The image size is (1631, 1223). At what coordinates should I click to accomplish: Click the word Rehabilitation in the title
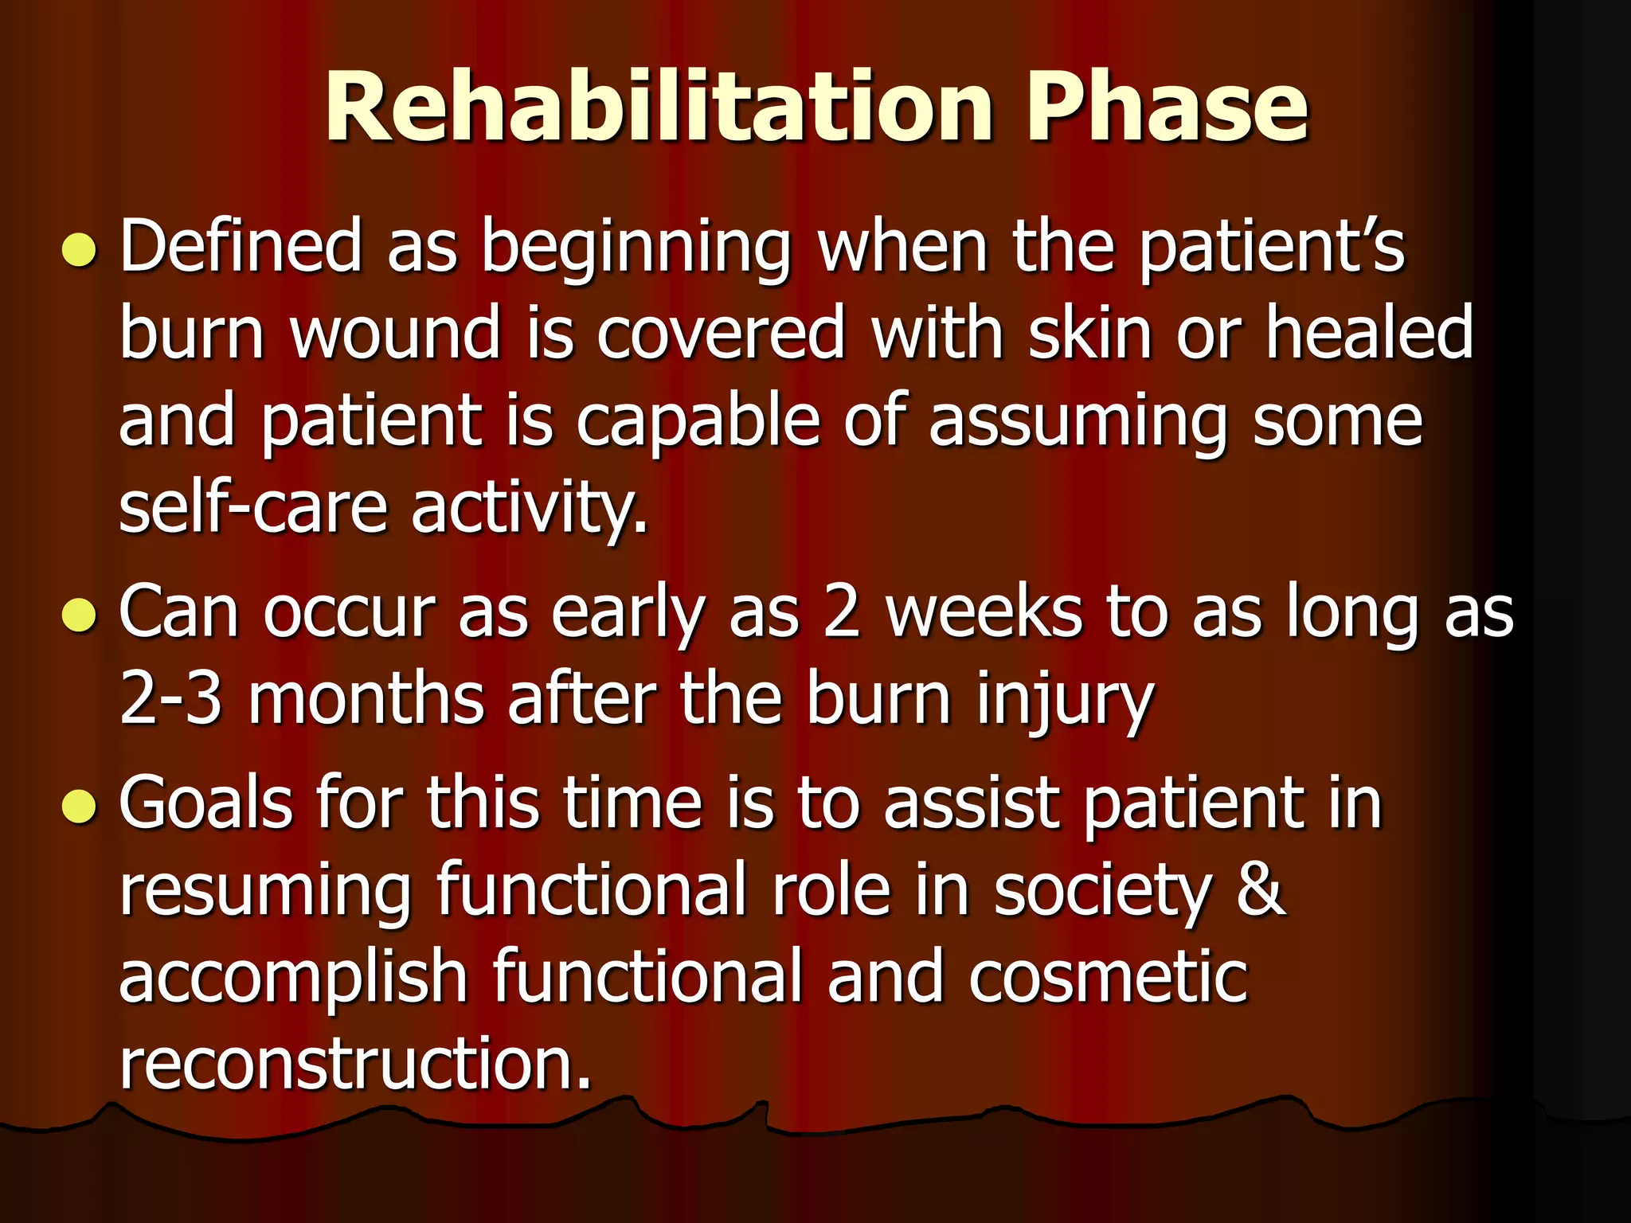coord(658,107)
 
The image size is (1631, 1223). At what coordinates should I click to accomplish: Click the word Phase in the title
coord(1166,107)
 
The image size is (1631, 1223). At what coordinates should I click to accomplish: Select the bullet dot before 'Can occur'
coord(80,615)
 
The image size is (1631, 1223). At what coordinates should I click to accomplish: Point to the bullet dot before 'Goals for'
coord(80,806)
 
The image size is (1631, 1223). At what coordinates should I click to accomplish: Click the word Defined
coord(241,247)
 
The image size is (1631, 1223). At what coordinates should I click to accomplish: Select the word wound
coord(395,334)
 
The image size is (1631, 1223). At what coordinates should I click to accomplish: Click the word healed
coord(1369,334)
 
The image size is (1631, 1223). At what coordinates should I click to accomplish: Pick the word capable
coord(697,423)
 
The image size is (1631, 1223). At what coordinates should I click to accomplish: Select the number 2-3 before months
coord(170,699)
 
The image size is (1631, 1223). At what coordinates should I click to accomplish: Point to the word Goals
coord(205,804)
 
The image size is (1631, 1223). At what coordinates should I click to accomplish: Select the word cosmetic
coord(1108,978)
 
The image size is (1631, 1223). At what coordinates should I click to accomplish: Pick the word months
coord(366,699)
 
